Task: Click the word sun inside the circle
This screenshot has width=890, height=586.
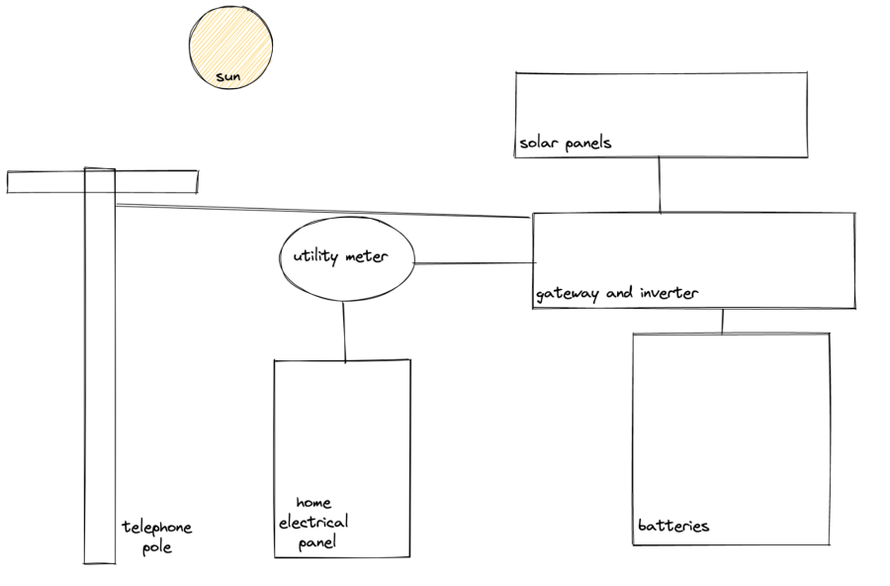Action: tap(229, 76)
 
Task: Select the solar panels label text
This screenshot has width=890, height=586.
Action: tap(566, 143)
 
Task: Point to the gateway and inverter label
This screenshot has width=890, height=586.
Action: tap(617, 293)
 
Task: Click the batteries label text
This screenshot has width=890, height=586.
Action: tap(673, 526)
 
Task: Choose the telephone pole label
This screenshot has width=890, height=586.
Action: tap(156, 537)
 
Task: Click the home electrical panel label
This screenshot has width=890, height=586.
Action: tap(314, 522)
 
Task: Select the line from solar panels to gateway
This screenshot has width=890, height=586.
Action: tap(660, 185)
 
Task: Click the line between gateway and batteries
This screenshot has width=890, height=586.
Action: tap(723, 322)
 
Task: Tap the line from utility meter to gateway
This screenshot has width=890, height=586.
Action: tap(474, 263)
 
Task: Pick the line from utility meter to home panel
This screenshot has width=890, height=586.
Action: tap(344, 332)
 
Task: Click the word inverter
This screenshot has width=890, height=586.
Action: tap(669, 293)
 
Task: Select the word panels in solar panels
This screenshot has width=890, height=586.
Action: tap(588, 143)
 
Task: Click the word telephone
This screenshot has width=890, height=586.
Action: tap(157, 528)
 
